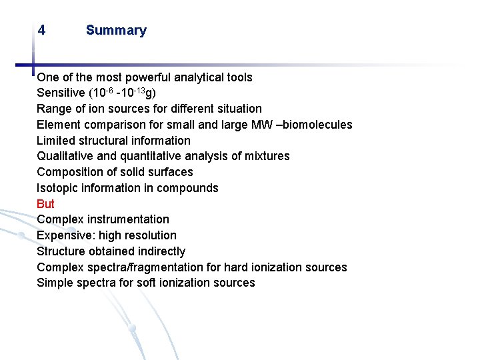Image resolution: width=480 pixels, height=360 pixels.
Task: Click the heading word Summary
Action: coord(116,31)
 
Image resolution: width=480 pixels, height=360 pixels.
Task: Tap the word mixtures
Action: coord(267,156)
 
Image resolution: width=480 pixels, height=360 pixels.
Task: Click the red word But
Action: coord(46,204)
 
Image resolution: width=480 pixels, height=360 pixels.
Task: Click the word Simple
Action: coord(55,283)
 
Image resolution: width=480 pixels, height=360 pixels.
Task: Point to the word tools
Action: coord(239,77)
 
